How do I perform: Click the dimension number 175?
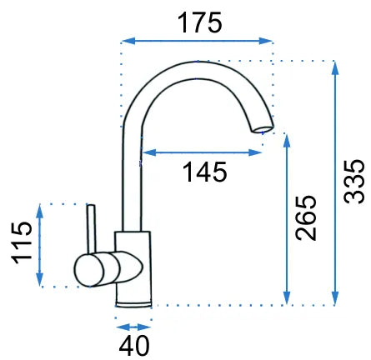[200, 22]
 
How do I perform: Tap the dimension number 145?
[205, 172]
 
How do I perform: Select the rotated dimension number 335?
[353, 182]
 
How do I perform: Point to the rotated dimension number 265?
[306, 217]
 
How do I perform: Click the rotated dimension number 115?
[22, 242]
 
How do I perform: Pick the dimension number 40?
[134, 346]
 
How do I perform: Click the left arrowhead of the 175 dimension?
[128, 41]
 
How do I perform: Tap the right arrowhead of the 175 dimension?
[265, 41]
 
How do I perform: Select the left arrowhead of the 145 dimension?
[148, 152]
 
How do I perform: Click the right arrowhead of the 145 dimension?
[255, 152]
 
